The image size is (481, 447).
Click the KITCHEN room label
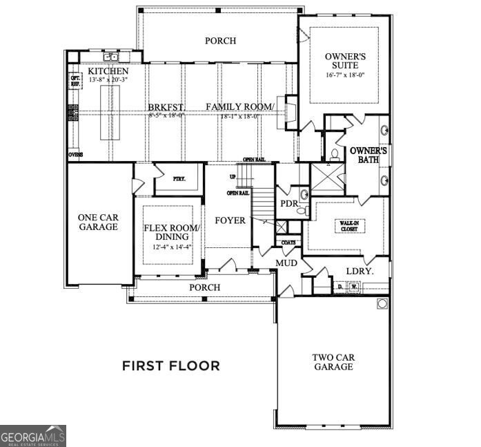click(108, 72)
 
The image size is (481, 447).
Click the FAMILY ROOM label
click(239, 106)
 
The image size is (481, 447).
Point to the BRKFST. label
click(165, 107)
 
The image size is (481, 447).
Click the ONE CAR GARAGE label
click(97, 221)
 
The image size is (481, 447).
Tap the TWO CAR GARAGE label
click(333, 362)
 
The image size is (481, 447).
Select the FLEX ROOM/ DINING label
click(171, 232)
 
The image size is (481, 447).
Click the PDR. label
click(289, 204)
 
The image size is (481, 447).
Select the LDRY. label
click(360, 272)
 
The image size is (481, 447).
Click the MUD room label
click(286, 263)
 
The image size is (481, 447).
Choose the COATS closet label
click(288, 242)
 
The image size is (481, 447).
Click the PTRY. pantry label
click(167, 178)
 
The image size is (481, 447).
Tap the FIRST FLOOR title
click(171, 365)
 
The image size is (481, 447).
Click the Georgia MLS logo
click(33, 436)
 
